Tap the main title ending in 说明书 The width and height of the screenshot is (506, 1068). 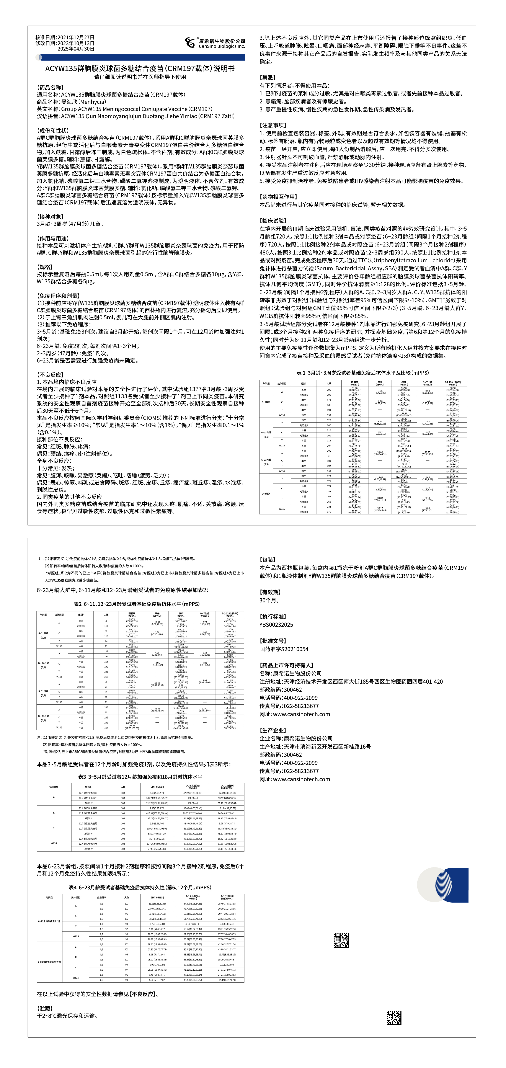[x=140, y=69]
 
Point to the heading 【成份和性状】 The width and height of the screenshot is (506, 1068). [x=53, y=131]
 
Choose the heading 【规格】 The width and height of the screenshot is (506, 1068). [x=45, y=267]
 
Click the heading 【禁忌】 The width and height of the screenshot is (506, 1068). [x=268, y=78]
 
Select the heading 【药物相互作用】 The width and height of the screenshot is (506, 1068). [x=279, y=196]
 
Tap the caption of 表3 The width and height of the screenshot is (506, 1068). [x=140, y=777]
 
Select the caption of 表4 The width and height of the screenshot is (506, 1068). [x=140, y=887]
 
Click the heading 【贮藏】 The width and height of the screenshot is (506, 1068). [x=45, y=1008]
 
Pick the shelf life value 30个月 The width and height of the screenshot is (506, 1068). [x=269, y=600]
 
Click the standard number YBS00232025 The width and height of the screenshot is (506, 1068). [x=276, y=624]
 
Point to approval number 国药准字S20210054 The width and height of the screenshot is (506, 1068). [x=284, y=649]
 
